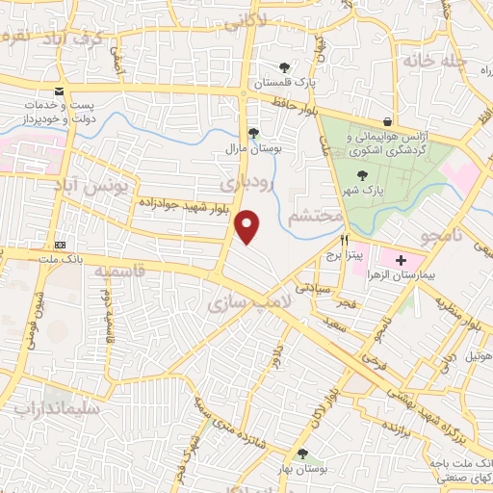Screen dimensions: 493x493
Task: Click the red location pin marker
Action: (x=248, y=225)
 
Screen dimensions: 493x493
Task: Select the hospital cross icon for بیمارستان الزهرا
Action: (x=401, y=260)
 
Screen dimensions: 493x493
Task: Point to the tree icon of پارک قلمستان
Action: (x=284, y=67)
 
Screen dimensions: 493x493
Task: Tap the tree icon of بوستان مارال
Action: (x=253, y=133)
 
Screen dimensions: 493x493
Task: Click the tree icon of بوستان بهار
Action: (x=303, y=454)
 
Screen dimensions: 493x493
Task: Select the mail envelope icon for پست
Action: (x=61, y=90)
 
